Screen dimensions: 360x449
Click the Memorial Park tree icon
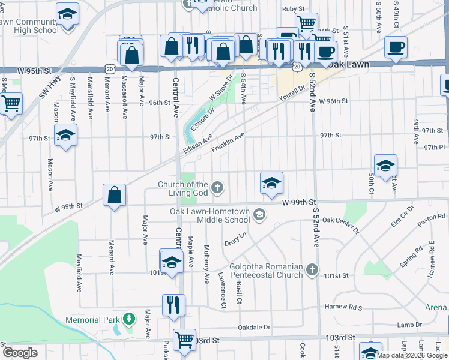[x=127, y=318]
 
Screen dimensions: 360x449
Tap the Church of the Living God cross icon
[x=217, y=188]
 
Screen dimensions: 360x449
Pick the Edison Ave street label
[x=199, y=145]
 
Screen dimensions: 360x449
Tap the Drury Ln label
[x=235, y=242]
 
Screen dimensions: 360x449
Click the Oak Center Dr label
[x=340, y=225]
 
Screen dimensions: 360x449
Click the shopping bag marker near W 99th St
[x=114, y=196]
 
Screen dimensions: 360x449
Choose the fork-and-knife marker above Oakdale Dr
[x=172, y=305]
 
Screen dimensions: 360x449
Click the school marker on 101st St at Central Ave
[x=171, y=262]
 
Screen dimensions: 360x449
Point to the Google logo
[x=20, y=353]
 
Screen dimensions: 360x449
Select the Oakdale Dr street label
[x=255, y=328]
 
